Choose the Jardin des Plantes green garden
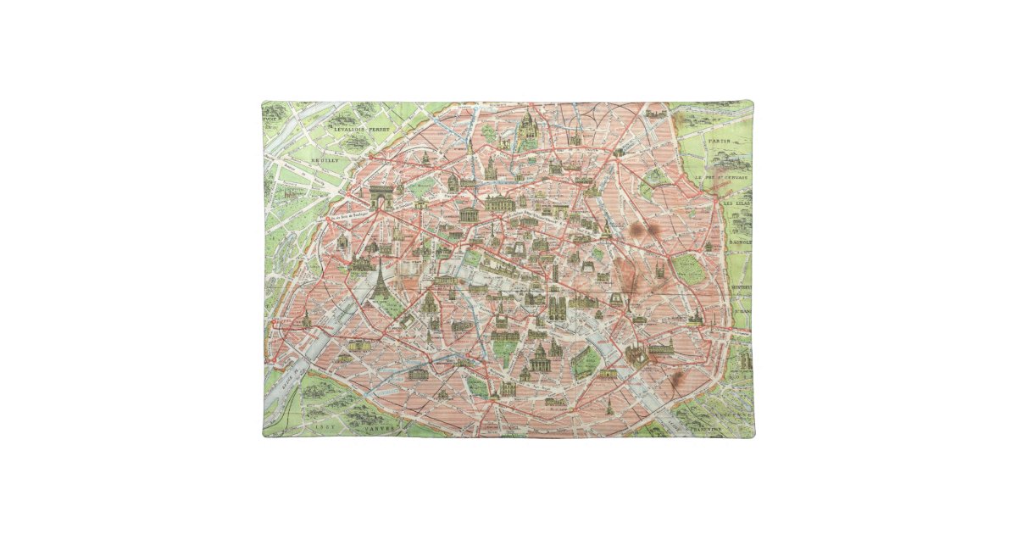(584, 362)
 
